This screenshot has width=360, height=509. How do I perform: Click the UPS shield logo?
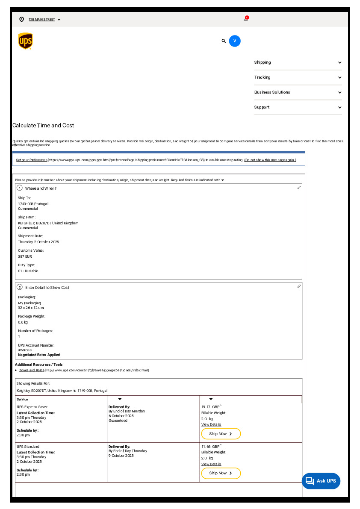click(26, 41)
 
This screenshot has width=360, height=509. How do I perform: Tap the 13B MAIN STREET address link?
click(42, 20)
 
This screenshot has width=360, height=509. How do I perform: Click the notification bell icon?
click(246, 19)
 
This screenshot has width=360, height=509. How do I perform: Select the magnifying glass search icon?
click(224, 41)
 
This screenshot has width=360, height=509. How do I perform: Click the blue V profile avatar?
click(235, 41)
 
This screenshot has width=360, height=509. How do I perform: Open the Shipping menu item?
click(298, 62)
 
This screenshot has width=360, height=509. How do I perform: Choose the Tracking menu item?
click(298, 77)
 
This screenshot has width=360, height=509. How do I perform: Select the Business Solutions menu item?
click(298, 92)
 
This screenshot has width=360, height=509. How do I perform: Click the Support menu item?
click(298, 107)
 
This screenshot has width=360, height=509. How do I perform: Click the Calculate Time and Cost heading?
click(43, 126)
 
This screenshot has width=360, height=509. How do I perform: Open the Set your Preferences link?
click(32, 160)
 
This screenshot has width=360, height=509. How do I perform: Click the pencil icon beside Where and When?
click(299, 188)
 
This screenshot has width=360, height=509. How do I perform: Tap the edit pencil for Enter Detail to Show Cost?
click(299, 286)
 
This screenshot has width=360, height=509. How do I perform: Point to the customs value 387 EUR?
click(25, 256)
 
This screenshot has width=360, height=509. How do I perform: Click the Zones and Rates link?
click(32, 370)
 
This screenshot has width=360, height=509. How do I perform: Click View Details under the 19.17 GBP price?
click(211, 424)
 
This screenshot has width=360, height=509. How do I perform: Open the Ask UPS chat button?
click(321, 481)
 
